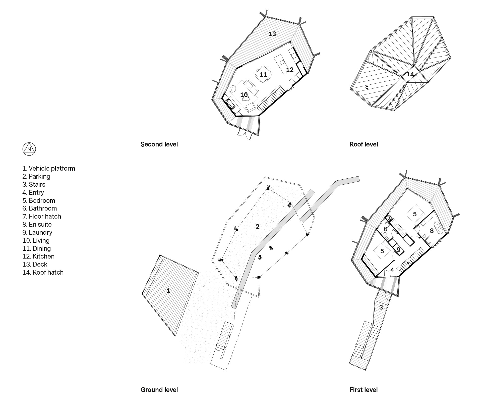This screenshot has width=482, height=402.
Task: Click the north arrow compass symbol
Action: pyautogui.click(x=29, y=149)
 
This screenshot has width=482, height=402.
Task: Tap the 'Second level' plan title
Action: pyautogui.click(x=159, y=144)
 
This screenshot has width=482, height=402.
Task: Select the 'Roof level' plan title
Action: pyautogui.click(x=364, y=144)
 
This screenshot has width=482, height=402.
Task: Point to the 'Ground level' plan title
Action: pyautogui.click(x=159, y=390)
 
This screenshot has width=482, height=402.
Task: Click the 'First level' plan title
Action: pyautogui.click(x=364, y=390)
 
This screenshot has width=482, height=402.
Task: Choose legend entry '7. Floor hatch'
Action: pyautogui.click(x=42, y=216)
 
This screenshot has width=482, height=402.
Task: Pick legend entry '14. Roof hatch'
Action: pyautogui.click(x=43, y=272)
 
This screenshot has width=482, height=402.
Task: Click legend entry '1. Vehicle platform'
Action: pyautogui.click(x=49, y=168)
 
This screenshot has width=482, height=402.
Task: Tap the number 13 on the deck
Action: pyautogui.click(x=272, y=34)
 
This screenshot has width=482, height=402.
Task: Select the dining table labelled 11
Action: pyautogui.click(x=263, y=74)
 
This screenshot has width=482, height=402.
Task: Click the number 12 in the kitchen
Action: pyautogui.click(x=290, y=70)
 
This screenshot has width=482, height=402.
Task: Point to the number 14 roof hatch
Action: pyautogui.click(x=410, y=74)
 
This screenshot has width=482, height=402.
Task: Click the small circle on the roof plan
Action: pyautogui.click(x=367, y=87)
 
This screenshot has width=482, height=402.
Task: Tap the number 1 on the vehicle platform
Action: pyautogui.click(x=168, y=291)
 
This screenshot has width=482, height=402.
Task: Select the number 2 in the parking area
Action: pyautogui.click(x=257, y=227)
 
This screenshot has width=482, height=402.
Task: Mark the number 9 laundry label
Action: pyautogui.click(x=398, y=250)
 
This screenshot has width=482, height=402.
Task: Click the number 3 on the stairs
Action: pyautogui.click(x=381, y=307)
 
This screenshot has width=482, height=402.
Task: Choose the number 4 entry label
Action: pyautogui.click(x=392, y=270)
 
